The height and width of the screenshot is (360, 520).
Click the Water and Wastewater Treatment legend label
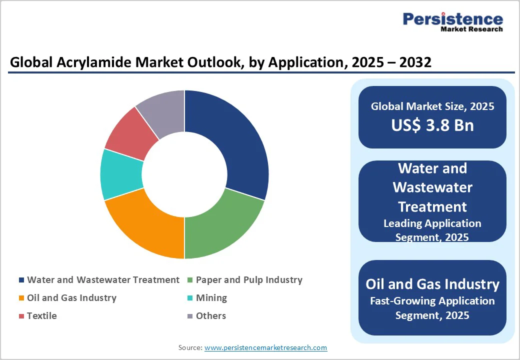click(103, 280)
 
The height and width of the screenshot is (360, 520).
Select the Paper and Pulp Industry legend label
click(249, 280)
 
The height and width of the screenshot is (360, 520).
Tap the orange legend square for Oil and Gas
click(21, 298)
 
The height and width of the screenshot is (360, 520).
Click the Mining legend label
click(211, 298)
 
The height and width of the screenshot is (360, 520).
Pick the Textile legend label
click(42, 316)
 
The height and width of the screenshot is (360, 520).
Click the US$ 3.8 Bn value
click(432, 125)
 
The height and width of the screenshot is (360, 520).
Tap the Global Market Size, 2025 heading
click(432, 106)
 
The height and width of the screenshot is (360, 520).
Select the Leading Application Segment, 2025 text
click(432, 230)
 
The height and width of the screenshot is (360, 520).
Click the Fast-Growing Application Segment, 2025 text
click(432, 308)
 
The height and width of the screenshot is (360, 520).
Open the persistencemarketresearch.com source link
click(266, 347)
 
